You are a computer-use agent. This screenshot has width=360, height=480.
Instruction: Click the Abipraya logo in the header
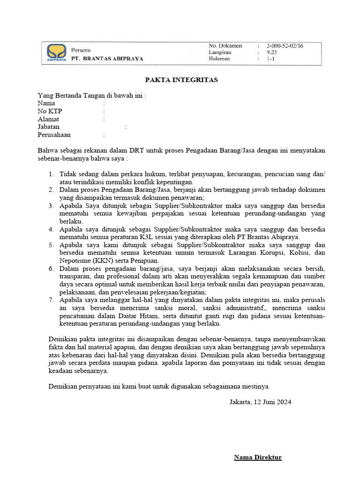56,52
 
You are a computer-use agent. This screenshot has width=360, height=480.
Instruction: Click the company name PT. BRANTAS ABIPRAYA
107,59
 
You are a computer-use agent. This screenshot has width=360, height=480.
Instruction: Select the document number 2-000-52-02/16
285,46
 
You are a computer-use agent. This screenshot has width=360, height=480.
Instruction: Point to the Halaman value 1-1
271,60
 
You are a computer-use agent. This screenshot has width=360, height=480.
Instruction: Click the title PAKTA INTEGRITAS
181,80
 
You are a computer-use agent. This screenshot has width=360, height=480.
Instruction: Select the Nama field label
46,103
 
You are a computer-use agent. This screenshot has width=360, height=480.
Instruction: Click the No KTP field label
50,111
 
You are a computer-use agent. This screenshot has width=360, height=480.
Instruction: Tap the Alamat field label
48,119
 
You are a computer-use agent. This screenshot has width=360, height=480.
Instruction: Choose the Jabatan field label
49,127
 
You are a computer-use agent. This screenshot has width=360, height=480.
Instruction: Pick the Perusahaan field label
54,135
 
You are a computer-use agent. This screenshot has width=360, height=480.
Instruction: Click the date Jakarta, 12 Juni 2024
260,402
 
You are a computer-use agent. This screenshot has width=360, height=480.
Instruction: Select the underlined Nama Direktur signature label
258,457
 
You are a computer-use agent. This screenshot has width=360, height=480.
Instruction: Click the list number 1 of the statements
51,174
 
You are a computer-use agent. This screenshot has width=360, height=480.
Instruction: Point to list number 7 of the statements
51,300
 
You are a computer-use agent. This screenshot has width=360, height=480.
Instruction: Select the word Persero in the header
81,50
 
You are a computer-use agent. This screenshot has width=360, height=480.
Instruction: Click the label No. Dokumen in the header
225,46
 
